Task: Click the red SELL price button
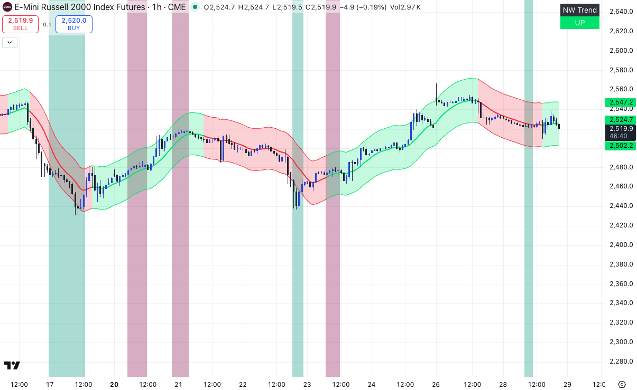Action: pos(21,24)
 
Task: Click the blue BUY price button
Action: pos(73,24)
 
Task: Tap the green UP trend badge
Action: pos(579,23)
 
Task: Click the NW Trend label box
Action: pos(579,10)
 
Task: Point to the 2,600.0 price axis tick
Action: pos(621,51)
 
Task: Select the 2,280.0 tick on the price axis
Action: pos(621,362)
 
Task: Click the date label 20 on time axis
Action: pos(114,384)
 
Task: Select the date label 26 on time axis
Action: pos(436,384)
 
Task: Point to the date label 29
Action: pos(567,384)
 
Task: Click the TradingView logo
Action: pos(12,365)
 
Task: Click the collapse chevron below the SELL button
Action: pos(10,43)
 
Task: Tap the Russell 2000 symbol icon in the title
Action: pos(6,7)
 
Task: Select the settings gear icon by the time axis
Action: pos(622,384)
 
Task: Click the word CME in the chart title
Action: pos(177,7)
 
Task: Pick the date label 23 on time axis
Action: pos(307,384)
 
